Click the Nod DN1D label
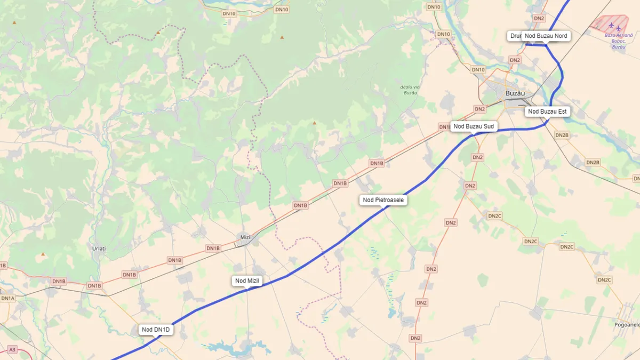[156, 330]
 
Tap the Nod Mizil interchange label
[248, 281]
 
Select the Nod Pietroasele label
[383, 200]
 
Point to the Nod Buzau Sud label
[474, 126]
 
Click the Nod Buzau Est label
[547, 111]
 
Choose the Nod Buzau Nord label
[546, 36]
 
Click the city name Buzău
[515, 93]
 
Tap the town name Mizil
[246, 236]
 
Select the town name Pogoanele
[627, 324]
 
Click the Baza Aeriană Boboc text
[618, 41]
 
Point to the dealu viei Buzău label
[409, 90]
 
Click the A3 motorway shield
[13, 349]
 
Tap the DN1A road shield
[7, 298]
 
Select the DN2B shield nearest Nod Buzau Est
[562, 135]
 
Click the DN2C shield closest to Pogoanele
[604, 280]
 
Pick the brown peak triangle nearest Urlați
[43, 254]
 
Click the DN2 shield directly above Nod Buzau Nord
[539, 18]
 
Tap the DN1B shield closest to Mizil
[213, 248]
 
